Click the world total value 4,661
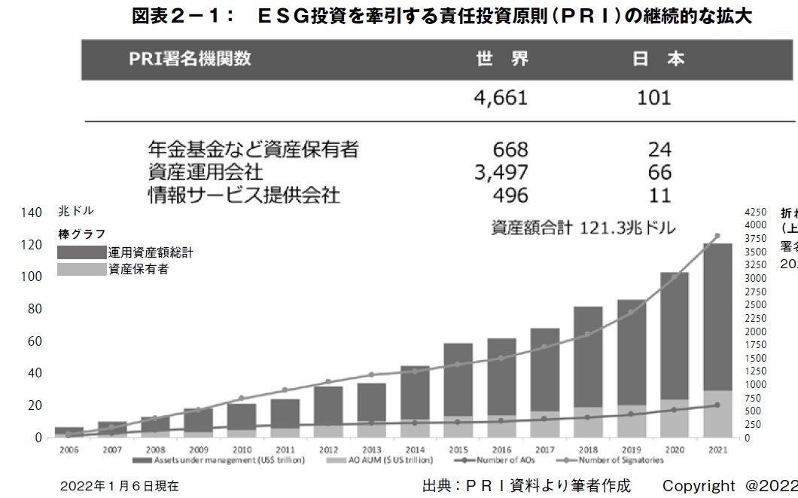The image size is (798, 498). (500, 98)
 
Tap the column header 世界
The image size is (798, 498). (503, 60)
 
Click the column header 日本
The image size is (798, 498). (658, 60)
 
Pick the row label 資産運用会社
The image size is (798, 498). (205, 173)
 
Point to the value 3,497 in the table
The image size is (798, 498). (501, 173)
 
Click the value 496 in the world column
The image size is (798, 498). (510, 195)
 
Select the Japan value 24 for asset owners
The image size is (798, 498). (659, 149)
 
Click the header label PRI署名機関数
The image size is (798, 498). (190, 60)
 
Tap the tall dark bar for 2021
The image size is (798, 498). (717, 316)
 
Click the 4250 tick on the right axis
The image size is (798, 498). (755, 212)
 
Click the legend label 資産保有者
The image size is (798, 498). (139, 269)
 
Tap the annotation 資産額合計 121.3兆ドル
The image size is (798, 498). (583, 227)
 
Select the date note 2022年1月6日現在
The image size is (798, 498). (120, 486)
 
